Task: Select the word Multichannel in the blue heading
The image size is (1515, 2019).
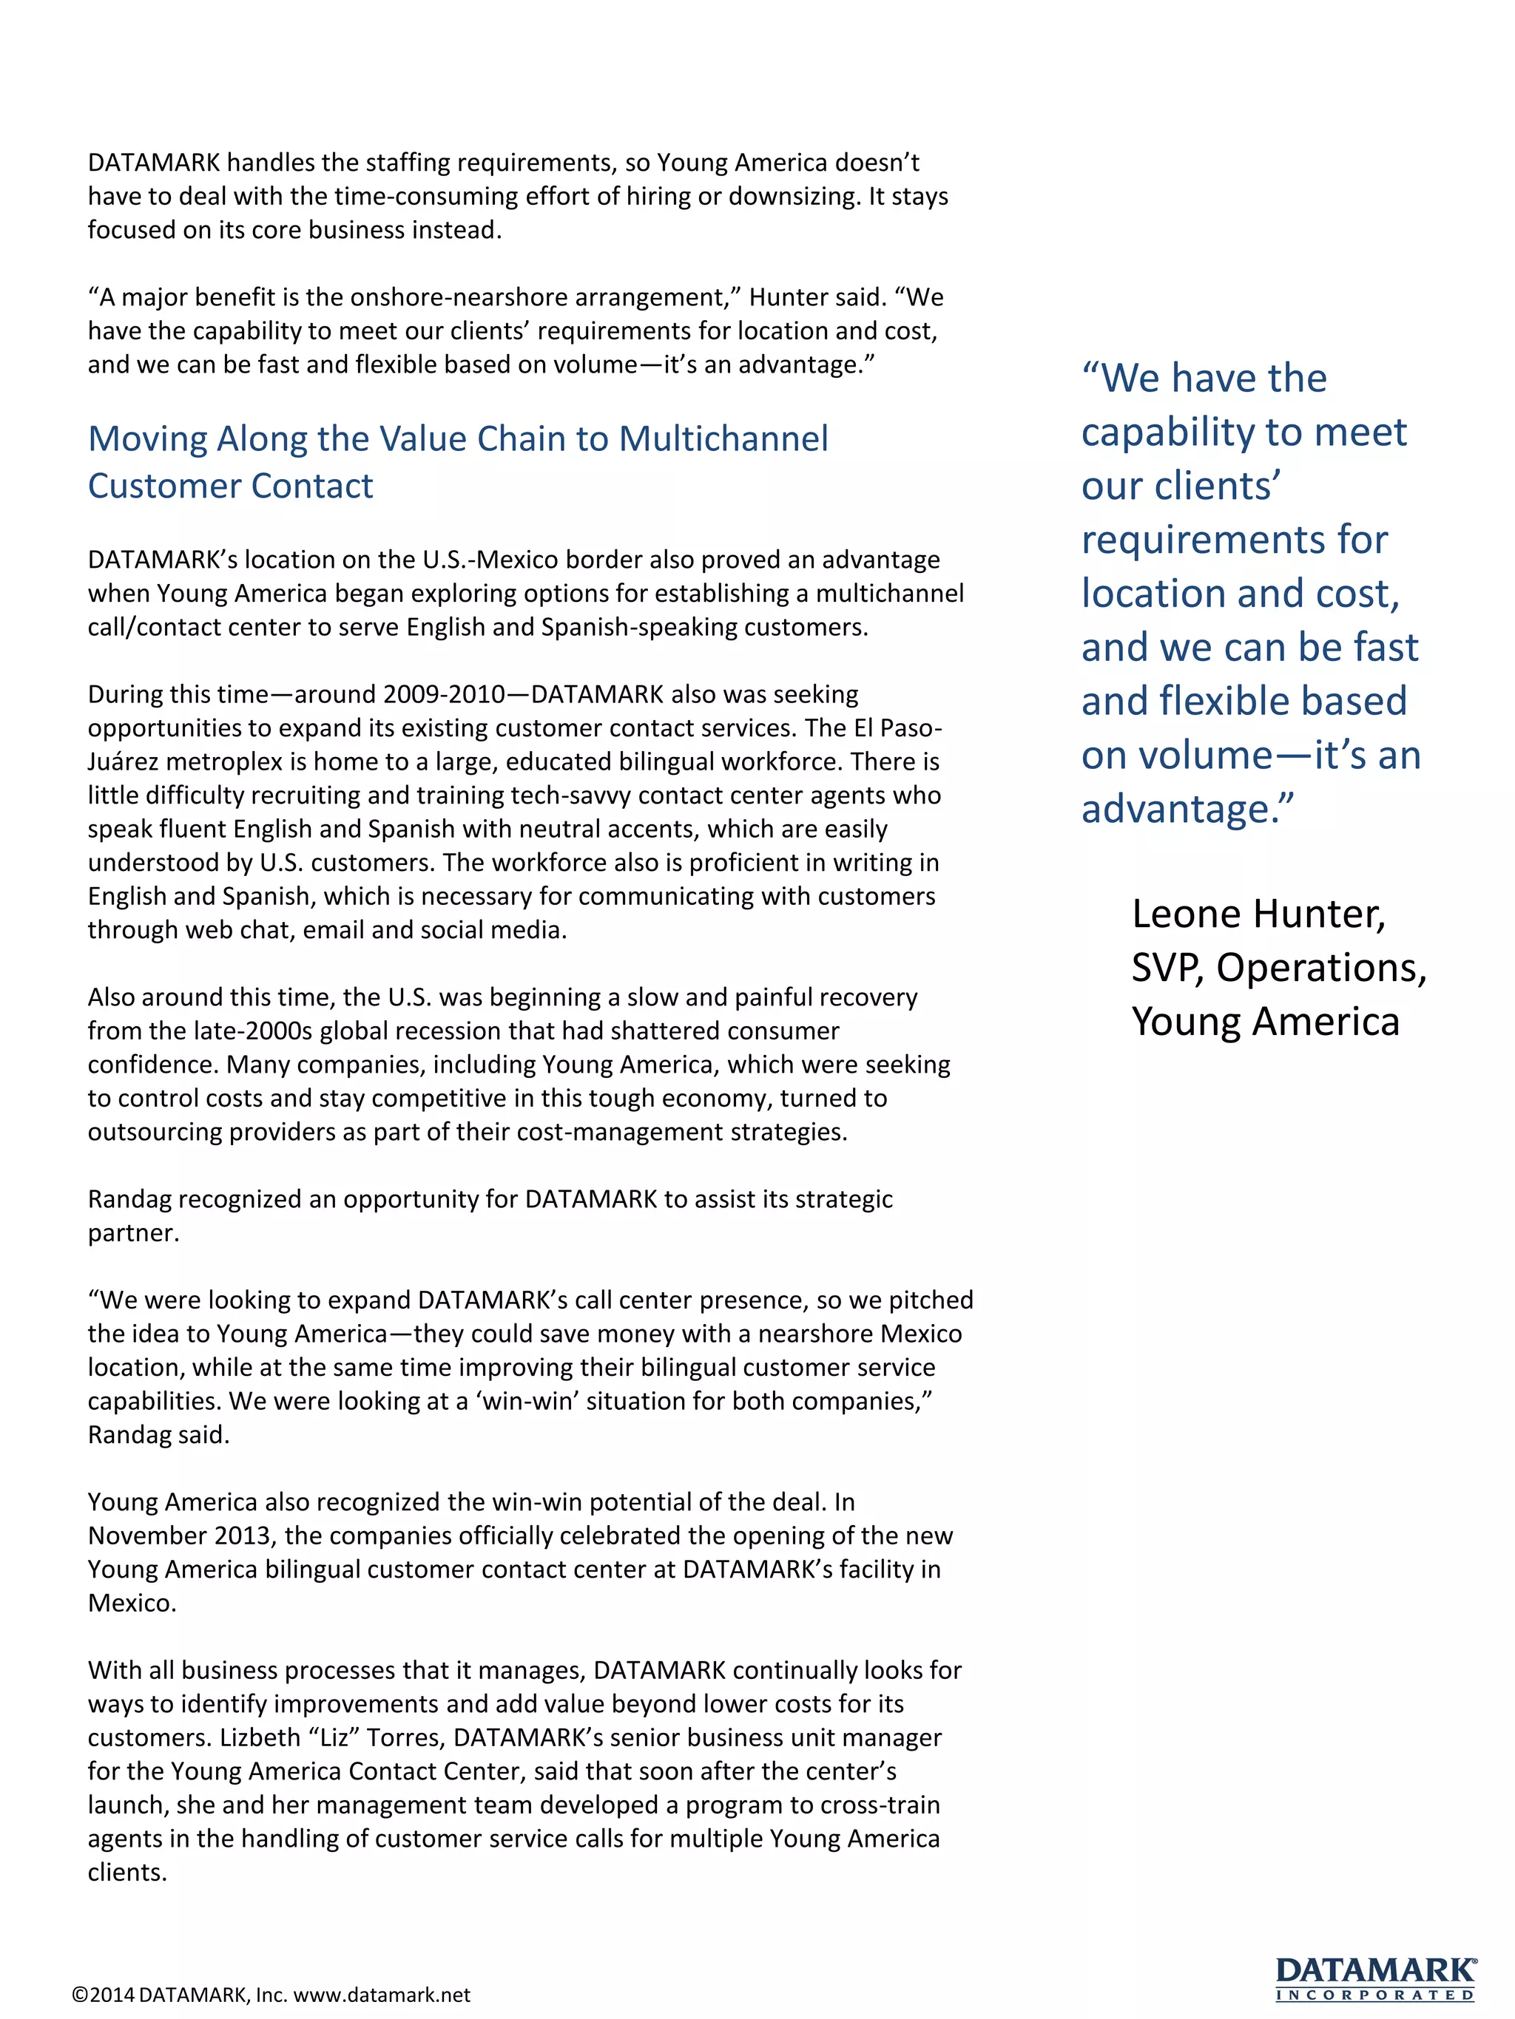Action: pos(723,439)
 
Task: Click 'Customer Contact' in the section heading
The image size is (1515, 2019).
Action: pos(230,486)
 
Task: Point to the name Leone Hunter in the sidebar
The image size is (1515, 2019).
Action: pos(1258,914)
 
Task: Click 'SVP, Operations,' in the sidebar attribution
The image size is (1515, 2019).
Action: pos(1278,968)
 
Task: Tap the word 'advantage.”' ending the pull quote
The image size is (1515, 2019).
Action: pos(1187,809)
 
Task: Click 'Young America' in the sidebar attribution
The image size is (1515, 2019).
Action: pos(1265,1022)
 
